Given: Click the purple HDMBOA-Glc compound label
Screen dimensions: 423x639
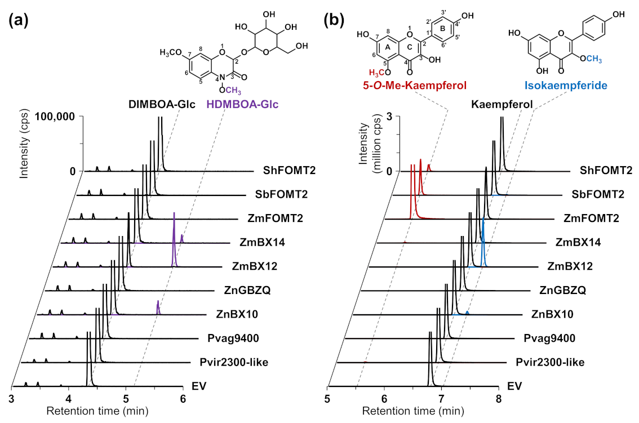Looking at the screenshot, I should tap(244, 104).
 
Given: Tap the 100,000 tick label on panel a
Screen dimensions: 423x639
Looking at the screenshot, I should tap(56, 117).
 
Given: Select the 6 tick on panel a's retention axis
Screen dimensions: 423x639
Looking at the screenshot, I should tap(183, 399).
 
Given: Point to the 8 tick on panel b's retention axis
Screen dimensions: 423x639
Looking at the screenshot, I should tap(498, 399).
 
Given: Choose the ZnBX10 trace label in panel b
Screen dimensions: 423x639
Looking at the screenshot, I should tap(552, 314).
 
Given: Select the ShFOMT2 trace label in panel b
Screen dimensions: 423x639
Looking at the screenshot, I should tap(602, 170).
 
